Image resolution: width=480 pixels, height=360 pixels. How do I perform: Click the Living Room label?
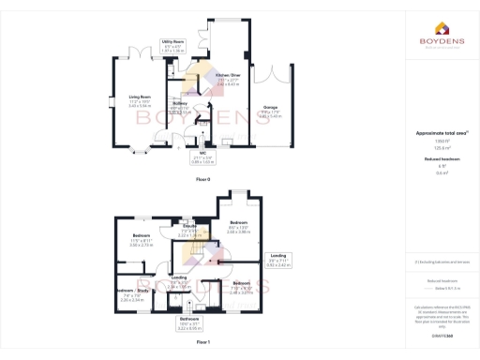click(x=140, y=96)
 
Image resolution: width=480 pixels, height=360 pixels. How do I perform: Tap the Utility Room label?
click(x=172, y=41)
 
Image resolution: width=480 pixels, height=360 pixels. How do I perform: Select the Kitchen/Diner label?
click(x=228, y=74)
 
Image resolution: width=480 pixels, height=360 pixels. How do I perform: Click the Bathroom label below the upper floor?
click(x=189, y=320)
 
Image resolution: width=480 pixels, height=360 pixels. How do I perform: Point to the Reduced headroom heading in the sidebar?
click(x=434, y=160)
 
